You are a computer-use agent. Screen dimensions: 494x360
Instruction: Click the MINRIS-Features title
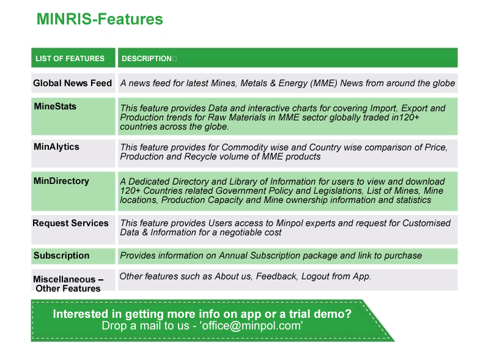pyautogui.click(x=100, y=19)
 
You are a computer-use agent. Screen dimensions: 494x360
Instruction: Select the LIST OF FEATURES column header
pyautogui.click(x=70, y=59)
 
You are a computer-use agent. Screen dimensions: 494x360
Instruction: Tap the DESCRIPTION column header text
pyautogui.click(x=147, y=59)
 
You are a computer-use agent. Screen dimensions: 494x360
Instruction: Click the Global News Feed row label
pyautogui.click(x=73, y=83)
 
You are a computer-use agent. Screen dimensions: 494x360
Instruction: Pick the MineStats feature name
pyautogui.click(x=55, y=106)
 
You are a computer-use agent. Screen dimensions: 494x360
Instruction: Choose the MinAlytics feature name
pyautogui.click(x=56, y=147)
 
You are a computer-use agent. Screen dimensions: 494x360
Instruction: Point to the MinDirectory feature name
pyautogui.click(x=61, y=181)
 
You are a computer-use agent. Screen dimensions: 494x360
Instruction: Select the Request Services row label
pyautogui.click(x=70, y=223)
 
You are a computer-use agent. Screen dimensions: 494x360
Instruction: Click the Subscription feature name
pyautogui.click(x=61, y=255)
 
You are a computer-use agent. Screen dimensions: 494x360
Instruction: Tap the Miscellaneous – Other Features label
pyautogui.click(x=68, y=284)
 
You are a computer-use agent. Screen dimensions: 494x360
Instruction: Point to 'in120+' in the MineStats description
pyautogui.click(x=405, y=117)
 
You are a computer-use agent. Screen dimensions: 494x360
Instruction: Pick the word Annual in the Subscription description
pyautogui.click(x=233, y=255)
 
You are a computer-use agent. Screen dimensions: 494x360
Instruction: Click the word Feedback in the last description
pyautogui.click(x=276, y=276)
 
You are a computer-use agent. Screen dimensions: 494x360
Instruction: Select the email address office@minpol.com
pyautogui.click(x=251, y=326)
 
